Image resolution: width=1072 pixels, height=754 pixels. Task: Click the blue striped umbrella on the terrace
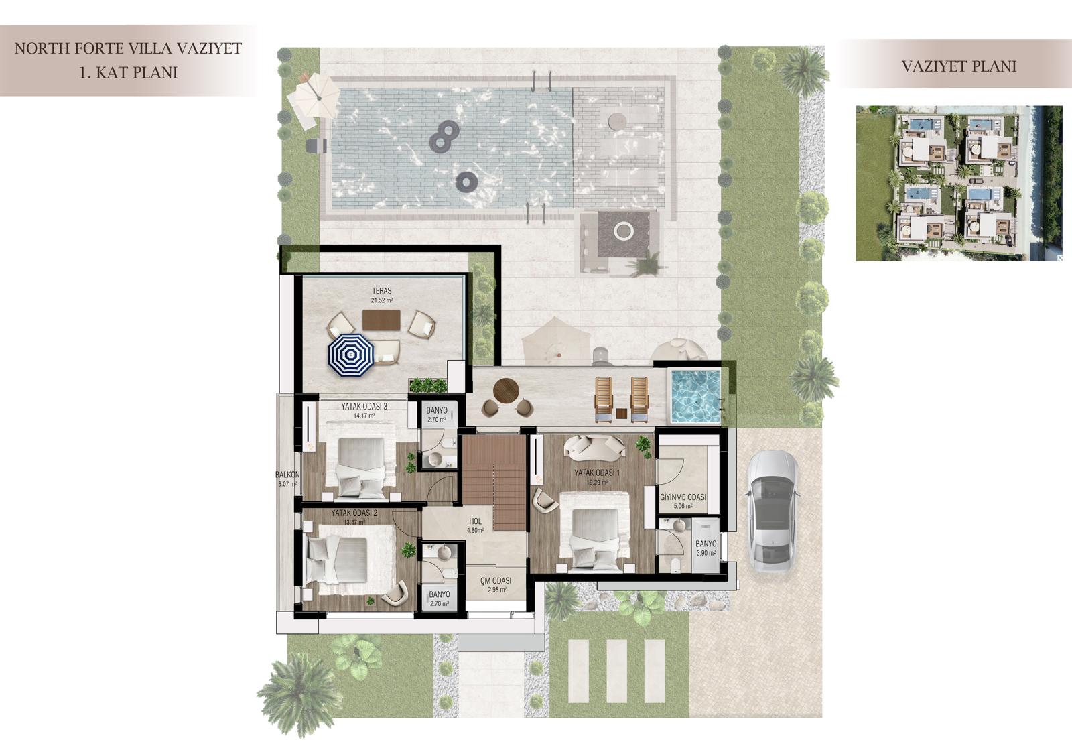(350, 355)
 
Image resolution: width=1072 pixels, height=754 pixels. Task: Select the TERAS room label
(381, 291)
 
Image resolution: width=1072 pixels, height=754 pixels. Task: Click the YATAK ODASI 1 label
(597, 473)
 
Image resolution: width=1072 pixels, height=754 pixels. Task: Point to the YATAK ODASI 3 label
(364, 406)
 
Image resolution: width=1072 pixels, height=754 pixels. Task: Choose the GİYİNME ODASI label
(683, 497)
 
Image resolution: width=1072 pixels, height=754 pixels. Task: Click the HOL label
(475, 522)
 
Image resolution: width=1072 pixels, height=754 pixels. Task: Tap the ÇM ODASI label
(496, 580)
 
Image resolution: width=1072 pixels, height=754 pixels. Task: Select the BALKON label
(287, 475)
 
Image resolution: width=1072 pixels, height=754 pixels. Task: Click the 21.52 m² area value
(381, 301)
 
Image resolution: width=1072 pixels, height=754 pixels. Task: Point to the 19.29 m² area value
(596, 483)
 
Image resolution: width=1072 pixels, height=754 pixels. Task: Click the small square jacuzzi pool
(695, 395)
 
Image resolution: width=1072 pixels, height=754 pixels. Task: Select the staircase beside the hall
(494, 482)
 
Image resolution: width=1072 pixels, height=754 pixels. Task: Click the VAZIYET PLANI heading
(959, 66)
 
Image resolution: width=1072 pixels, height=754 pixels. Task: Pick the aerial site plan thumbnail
(959, 184)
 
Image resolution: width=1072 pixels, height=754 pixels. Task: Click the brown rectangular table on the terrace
(381, 320)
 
